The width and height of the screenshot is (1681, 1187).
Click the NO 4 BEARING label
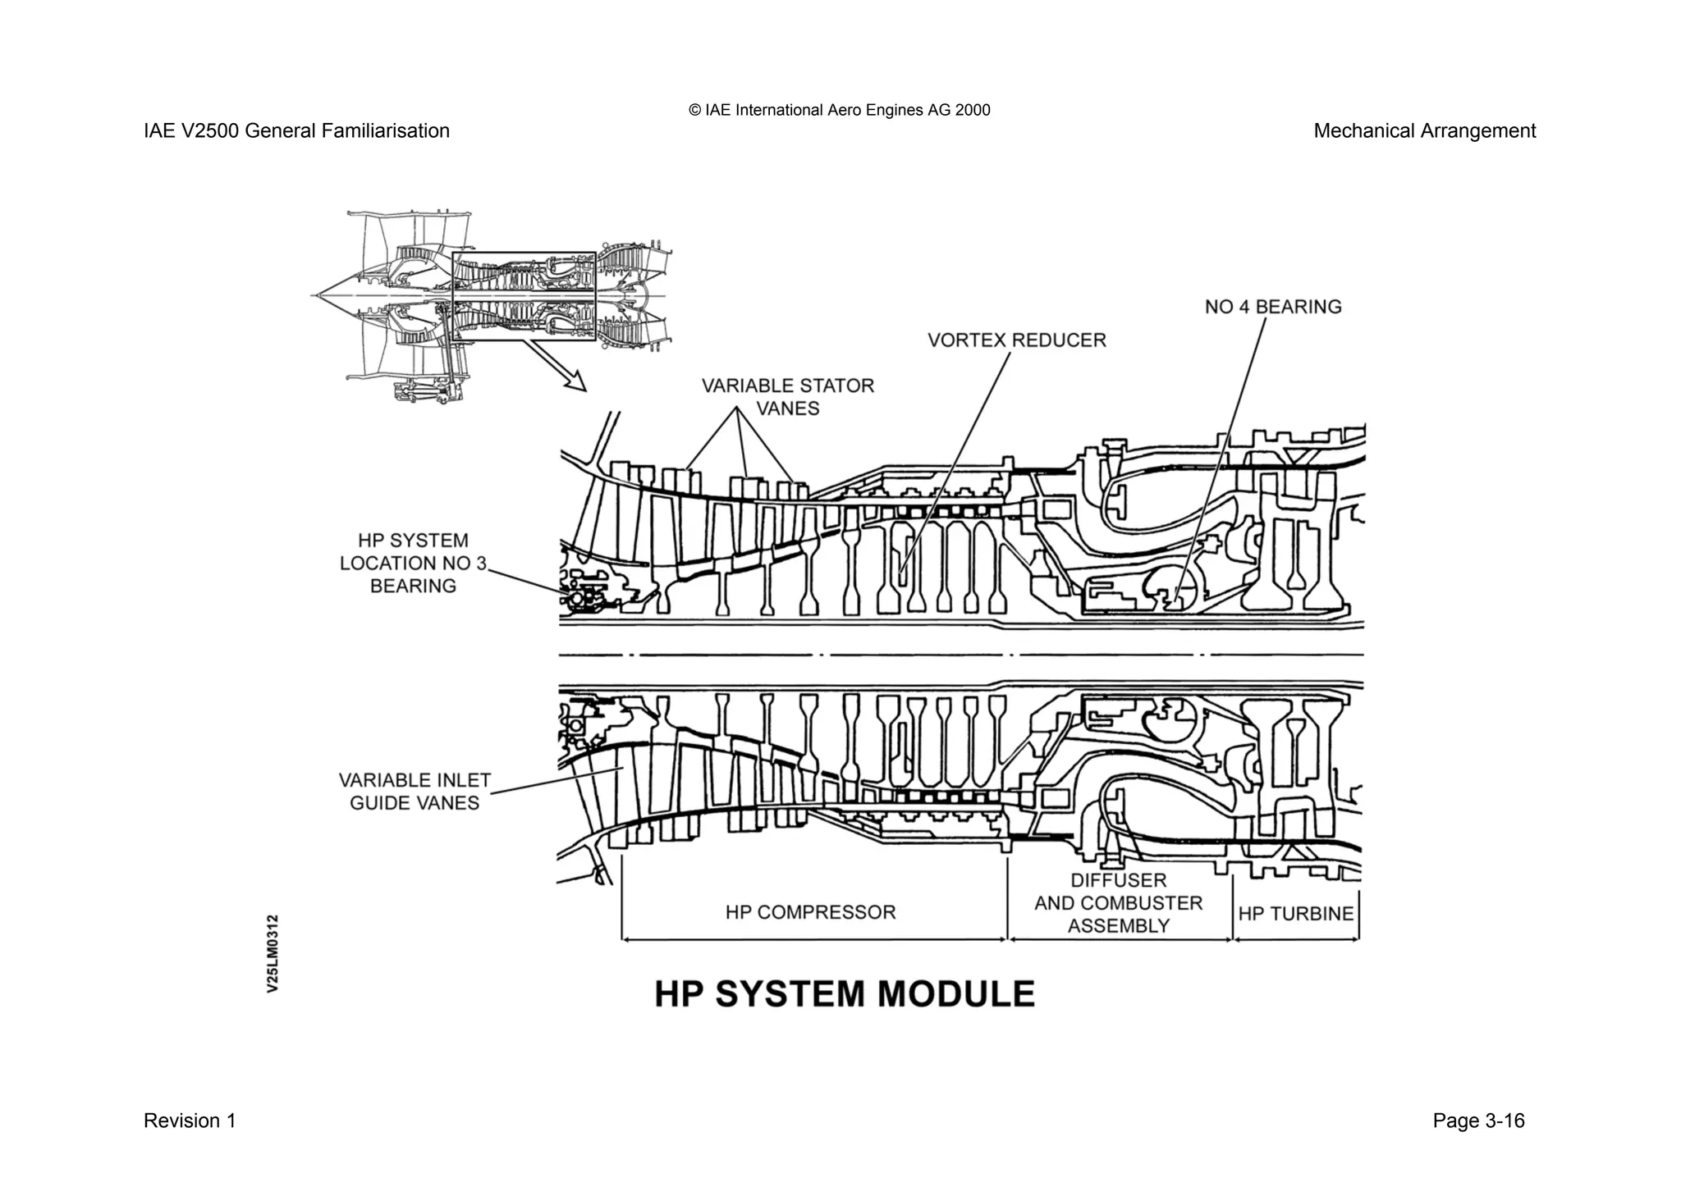pos(1272,307)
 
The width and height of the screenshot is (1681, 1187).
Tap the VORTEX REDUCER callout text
pos(1016,340)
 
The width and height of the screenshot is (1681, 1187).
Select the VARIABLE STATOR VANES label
pos(787,396)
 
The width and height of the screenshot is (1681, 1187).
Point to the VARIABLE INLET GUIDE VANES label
pos(415,791)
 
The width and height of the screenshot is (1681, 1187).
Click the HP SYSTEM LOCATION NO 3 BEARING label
pos(413,563)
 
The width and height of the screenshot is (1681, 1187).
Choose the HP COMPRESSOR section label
pos(810,912)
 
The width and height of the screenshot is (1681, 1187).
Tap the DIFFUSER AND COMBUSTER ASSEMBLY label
pos(1118,903)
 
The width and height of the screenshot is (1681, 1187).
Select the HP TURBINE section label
pos(1295,914)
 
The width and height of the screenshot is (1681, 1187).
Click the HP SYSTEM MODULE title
pos(845,994)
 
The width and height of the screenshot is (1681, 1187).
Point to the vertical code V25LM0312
pos(273,953)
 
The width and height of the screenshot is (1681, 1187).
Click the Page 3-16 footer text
pos(1478,1121)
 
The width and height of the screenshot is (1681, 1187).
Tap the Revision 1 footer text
pos(190,1121)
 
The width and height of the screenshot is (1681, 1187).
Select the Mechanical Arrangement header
pos(1424,131)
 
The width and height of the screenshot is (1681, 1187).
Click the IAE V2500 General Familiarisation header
pos(296,131)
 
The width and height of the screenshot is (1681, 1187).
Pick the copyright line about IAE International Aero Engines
pos(840,110)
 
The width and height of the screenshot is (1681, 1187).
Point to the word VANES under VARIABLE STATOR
pos(787,409)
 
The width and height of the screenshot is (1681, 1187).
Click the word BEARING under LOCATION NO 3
pos(413,586)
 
